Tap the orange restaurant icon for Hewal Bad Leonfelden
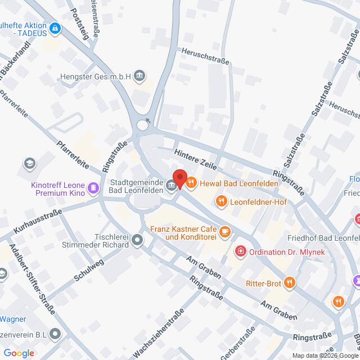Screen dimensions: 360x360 191,182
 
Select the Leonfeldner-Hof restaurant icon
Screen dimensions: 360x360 222,201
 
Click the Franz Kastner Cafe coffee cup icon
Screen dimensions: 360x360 224,231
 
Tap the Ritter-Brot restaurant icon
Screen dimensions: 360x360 289,282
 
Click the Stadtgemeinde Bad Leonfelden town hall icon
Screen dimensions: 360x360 170,184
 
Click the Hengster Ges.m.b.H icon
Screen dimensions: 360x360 140,75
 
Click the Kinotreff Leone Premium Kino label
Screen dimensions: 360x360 58,188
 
